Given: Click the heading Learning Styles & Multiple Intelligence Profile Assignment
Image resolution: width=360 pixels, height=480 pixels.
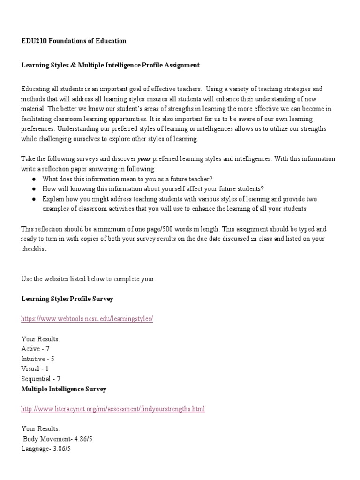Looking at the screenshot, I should click(x=110, y=65).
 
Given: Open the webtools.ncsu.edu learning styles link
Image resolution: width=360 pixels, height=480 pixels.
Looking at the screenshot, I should click(x=87, y=319).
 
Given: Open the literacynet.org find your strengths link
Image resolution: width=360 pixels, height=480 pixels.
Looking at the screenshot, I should click(x=113, y=409).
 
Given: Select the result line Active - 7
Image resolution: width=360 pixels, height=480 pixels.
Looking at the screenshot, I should click(x=35, y=349).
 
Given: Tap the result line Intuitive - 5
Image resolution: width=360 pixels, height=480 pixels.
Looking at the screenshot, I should click(x=38, y=359).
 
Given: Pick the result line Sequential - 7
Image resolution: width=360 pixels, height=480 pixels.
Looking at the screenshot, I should click(x=41, y=379).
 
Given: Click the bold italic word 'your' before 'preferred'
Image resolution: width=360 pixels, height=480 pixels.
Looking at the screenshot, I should click(x=144, y=159).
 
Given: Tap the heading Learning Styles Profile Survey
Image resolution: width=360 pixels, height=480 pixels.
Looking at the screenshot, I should click(x=67, y=299).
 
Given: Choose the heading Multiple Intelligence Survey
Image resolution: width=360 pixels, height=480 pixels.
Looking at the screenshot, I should click(x=64, y=389).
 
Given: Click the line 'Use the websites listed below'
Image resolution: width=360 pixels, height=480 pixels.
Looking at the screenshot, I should click(x=88, y=279).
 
